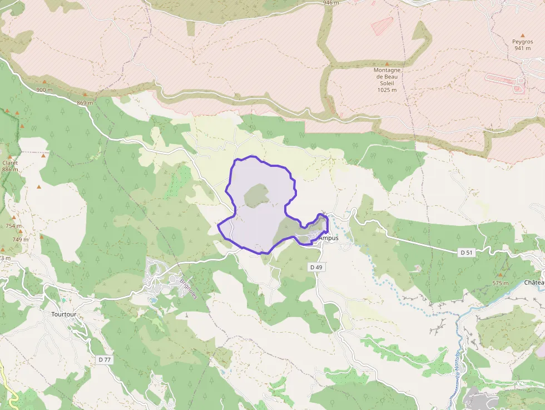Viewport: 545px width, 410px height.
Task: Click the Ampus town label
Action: pos(329,238)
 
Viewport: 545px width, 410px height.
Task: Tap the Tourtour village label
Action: pos(63,314)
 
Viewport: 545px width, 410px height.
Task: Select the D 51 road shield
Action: pos(466,253)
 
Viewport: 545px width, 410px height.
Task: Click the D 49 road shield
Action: pos(316,267)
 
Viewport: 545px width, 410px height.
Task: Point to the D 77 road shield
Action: pos(105,359)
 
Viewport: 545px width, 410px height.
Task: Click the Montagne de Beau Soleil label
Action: pos(387,77)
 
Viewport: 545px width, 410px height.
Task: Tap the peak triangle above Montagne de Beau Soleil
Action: pos(387,64)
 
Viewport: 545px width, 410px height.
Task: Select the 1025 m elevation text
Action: pos(387,90)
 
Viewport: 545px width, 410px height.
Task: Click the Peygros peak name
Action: pos(523,41)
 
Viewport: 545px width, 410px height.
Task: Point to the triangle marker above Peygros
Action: pos(523,34)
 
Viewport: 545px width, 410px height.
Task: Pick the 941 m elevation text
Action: pos(523,48)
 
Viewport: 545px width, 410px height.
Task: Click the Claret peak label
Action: pos(10,163)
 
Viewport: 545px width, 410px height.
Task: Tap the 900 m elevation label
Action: pos(44,90)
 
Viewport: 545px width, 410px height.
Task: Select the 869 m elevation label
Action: pos(85,102)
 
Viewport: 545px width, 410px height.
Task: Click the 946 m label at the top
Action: pos(331,3)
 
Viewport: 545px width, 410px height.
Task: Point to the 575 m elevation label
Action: pos(501,283)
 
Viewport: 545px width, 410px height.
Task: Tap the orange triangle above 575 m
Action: pos(501,275)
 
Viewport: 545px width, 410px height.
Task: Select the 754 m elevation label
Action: pos(13,226)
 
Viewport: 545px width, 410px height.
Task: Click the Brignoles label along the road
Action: pos(189,288)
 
